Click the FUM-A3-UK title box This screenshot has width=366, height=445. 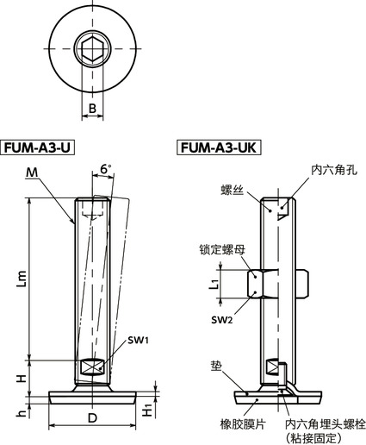coord(220,147)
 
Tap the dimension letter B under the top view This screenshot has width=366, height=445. coord(92,109)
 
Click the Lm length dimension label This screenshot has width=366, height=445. coord(22,279)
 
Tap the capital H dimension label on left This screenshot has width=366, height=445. coord(21,376)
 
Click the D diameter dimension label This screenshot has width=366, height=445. coord(91,417)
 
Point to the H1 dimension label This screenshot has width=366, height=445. coord(148,406)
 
